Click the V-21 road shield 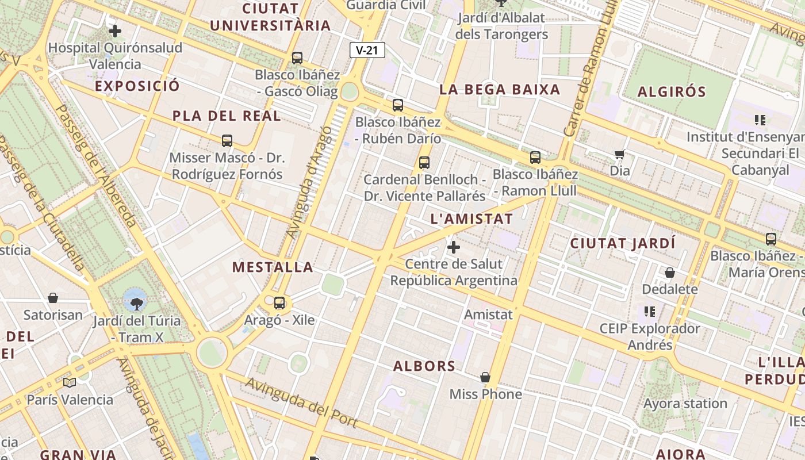(367, 50)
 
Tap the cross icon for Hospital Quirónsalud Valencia (114, 30)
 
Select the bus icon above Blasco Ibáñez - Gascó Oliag (297, 57)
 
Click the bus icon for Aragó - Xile (279, 302)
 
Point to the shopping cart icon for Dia (619, 154)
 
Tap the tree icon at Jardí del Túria (136, 303)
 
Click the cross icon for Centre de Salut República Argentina (454, 247)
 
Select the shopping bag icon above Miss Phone (485, 377)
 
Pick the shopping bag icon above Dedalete (669, 272)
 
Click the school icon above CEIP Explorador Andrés (650, 312)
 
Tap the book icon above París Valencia (70, 382)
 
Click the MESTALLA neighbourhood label (273, 267)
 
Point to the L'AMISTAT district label (471, 219)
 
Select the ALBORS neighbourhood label (424, 366)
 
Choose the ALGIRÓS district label (672, 92)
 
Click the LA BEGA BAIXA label (500, 90)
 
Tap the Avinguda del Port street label (302, 402)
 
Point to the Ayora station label (685, 404)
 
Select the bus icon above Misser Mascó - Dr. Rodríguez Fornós (227, 140)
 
